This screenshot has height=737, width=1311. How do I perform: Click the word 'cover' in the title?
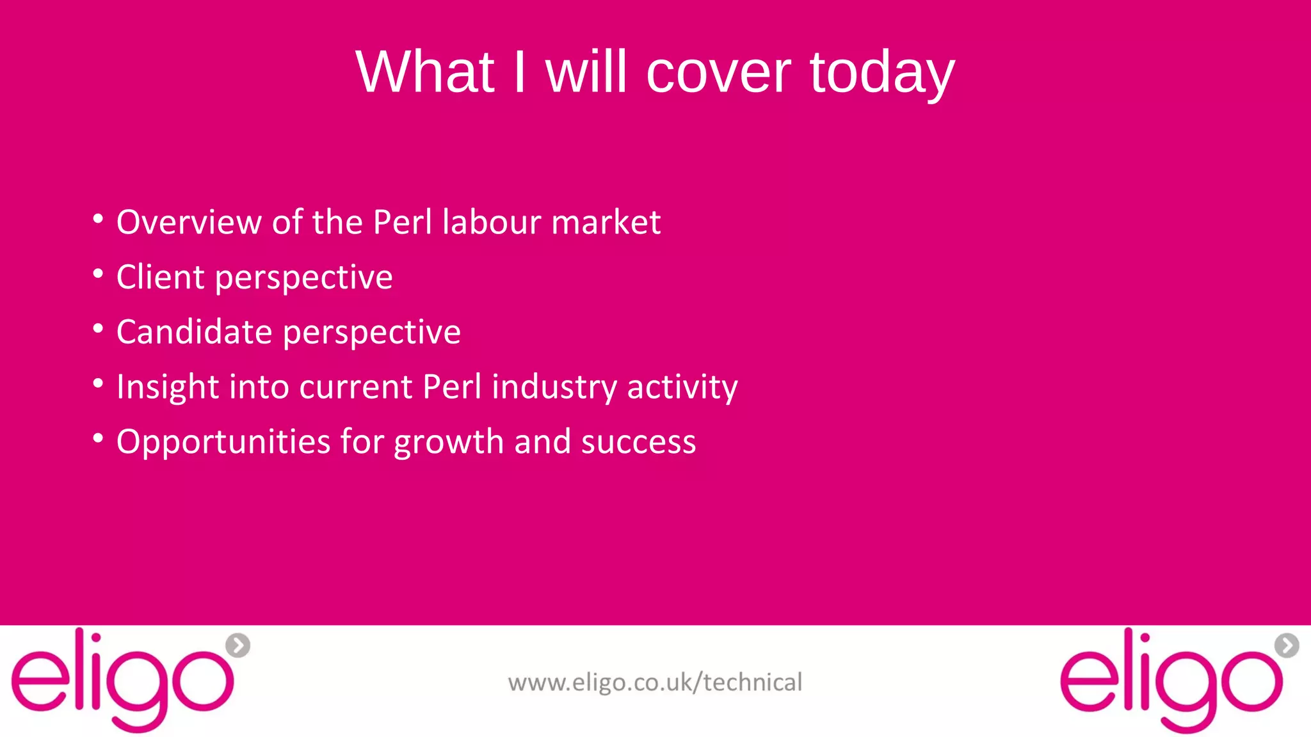(718, 72)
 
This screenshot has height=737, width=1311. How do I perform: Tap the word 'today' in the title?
(882, 73)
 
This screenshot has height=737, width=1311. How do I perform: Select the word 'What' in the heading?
(425, 72)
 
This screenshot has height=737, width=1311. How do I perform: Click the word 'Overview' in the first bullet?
(189, 222)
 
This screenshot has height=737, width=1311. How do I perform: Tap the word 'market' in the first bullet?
(606, 222)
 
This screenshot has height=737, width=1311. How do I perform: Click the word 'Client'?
(161, 277)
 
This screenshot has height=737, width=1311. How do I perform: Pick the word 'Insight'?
(168, 387)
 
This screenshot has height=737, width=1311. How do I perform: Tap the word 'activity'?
(682, 387)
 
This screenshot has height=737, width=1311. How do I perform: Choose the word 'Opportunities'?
(223, 442)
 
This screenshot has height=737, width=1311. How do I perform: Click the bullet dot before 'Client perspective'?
(98, 274)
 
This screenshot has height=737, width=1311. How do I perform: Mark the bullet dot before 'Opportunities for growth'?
(98, 439)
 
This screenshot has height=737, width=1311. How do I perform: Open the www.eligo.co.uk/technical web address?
(655, 682)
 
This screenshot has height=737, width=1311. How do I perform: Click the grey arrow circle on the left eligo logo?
(238, 645)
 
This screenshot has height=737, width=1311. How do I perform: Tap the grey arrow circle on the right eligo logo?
(1287, 645)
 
